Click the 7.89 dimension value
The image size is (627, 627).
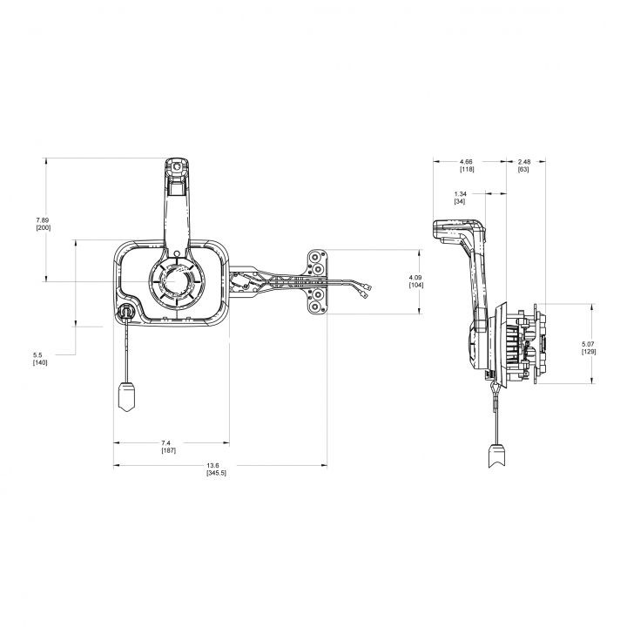click(x=43, y=220)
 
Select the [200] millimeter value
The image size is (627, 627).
click(x=44, y=228)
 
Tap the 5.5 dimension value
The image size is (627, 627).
click(x=37, y=354)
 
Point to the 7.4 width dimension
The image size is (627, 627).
click(x=166, y=442)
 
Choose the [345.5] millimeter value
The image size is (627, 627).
click(x=216, y=473)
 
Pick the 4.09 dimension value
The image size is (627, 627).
click(x=415, y=277)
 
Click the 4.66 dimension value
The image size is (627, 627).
click(x=466, y=162)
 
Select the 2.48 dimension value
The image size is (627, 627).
click(x=524, y=162)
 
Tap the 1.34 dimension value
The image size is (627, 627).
click(x=461, y=194)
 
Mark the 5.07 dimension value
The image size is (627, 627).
click(x=589, y=344)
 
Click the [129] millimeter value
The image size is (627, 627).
click(x=589, y=352)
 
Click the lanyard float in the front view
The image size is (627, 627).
click(x=127, y=396)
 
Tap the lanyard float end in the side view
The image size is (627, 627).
click(x=497, y=455)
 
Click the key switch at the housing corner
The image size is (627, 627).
click(x=125, y=311)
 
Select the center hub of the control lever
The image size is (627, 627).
click(x=176, y=281)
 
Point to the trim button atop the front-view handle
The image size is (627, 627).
click(x=176, y=166)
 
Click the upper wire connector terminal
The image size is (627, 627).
click(x=367, y=287)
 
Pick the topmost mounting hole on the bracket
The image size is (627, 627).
click(x=314, y=256)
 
